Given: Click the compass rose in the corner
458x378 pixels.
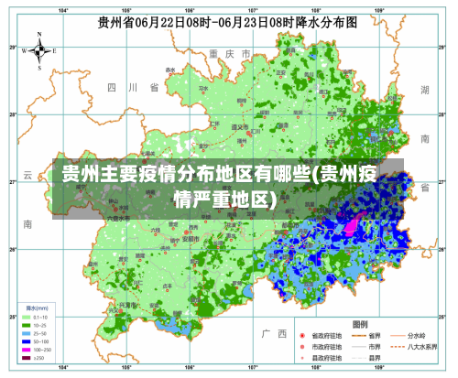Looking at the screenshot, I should point(39,51).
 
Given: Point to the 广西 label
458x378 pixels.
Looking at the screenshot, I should point(273,332).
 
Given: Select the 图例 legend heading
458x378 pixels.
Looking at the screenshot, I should point(360,324).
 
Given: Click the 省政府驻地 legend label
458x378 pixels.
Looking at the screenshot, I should point(329,336).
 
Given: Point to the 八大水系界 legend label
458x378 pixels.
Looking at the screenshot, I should point(426,348).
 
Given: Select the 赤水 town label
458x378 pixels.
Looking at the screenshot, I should point(169,70).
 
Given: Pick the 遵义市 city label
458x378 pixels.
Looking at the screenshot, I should point(240,128).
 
